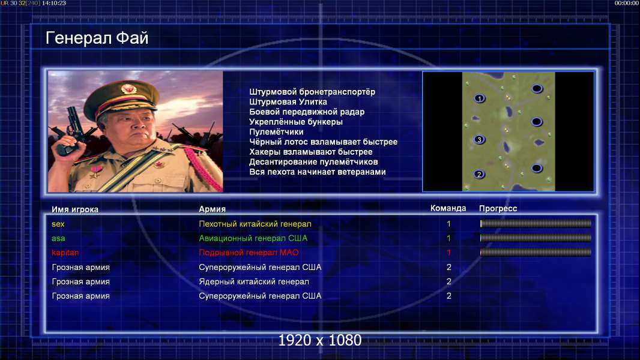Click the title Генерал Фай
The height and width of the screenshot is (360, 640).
click(x=97, y=38)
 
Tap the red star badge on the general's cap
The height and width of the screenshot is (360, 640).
click(x=128, y=88)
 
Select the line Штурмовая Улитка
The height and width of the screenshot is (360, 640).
click(x=288, y=102)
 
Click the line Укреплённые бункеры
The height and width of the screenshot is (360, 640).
click(x=296, y=122)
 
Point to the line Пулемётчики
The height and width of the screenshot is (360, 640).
click(x=276, y=131)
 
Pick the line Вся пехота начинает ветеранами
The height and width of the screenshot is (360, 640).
click(x=318, y=172)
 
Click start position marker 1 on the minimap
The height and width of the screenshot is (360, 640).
click(x=480, y=98)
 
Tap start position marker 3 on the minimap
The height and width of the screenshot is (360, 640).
click(x=479, y=139)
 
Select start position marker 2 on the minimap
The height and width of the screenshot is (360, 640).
click(x=479, y=174)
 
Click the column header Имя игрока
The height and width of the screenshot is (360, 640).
click(x=75, y=209)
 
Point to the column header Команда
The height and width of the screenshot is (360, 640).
click(x=448, y=208)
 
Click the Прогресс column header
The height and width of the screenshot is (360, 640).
click(x=498, y=208)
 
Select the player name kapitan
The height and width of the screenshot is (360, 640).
click(x=65, y=253)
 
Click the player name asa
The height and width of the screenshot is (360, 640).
click(x=58, y=238)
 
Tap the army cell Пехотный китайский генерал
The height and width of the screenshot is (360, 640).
click(x=255, y=224)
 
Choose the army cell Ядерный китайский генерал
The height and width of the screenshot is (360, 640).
click(x=254, y=282)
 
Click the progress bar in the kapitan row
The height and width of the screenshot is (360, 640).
click(x=536, y=253)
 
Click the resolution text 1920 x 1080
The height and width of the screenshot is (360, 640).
click(x=320, y=340)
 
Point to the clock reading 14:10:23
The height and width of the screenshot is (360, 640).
click(x=54, y=3)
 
